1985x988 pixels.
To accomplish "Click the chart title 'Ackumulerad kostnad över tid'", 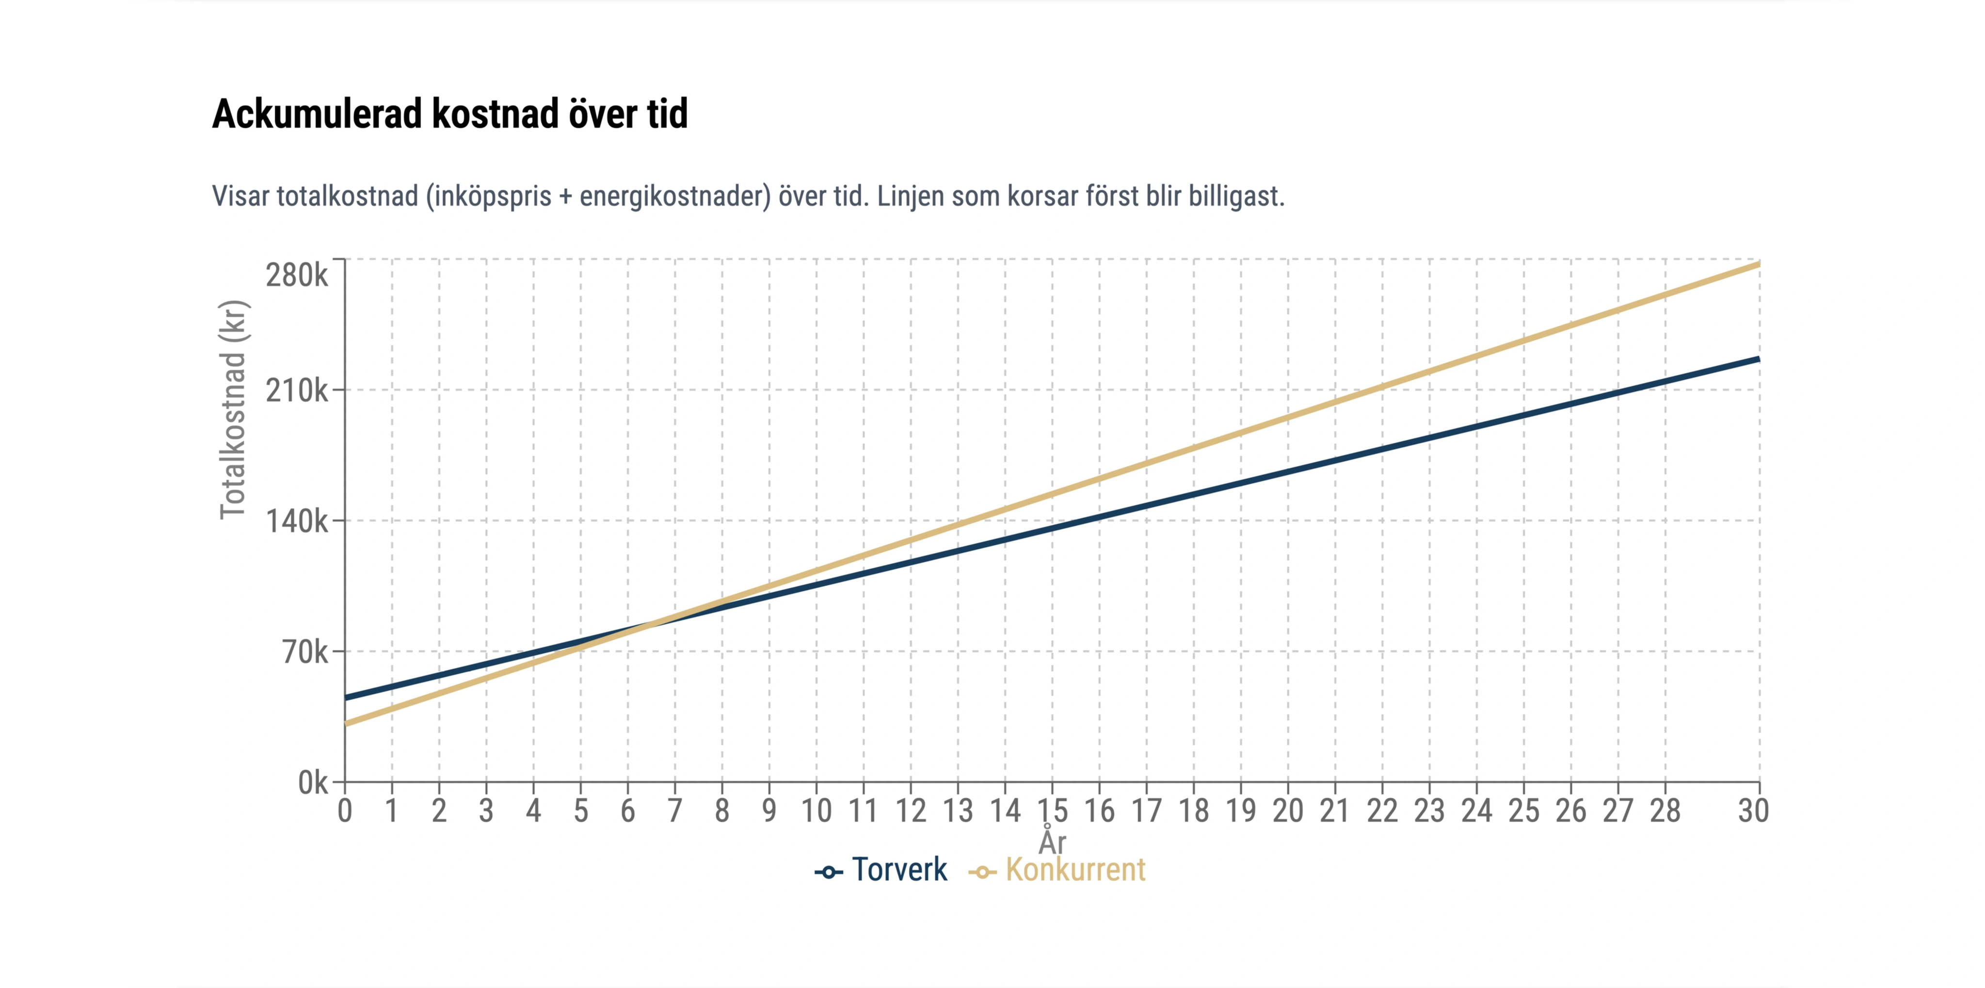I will [449, 114].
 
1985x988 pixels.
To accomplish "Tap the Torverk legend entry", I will [882, 870].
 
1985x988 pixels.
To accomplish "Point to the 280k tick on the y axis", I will [297, 275].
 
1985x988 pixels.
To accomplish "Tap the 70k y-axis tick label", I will [305, 652].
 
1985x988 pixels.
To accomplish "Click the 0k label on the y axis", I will [313, 783].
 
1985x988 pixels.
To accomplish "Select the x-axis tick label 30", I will [1753, 811].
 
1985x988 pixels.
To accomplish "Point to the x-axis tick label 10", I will [816, 811].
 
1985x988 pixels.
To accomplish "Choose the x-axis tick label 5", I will [580, 811].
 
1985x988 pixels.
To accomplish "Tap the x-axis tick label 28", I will [1665, 811].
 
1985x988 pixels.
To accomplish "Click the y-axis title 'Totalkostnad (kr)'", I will [233, 409].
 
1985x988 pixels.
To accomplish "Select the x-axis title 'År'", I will [1053, 841].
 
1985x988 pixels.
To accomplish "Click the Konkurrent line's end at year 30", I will [1759, 264].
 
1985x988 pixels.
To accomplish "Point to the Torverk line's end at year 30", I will [1759, 359].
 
